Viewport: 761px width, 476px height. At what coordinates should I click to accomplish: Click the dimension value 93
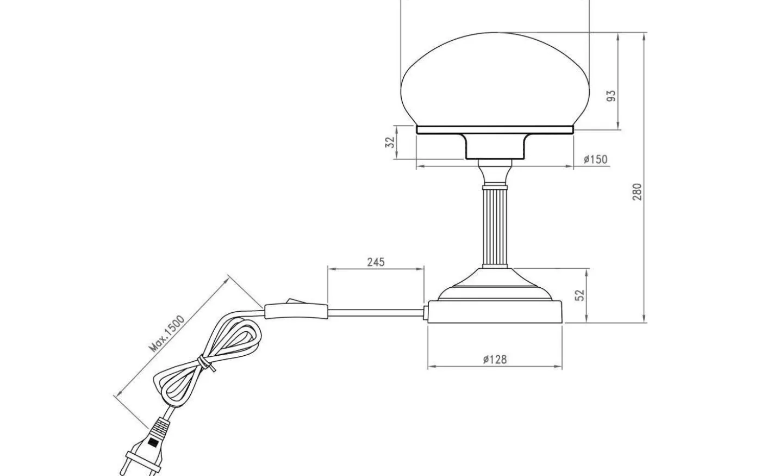(612, 96)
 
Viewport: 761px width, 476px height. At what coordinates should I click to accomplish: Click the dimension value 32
(389, 143)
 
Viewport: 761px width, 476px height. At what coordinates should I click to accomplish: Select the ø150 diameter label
(595, 159)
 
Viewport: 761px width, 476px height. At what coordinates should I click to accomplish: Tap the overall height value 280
(637, 191)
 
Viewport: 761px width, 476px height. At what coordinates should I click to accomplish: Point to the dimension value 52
(580, 295)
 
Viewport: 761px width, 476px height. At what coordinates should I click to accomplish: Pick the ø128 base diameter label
(495, 359)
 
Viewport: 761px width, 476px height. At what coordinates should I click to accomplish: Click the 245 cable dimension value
(375, 262)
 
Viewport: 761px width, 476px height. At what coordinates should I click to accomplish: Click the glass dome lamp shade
(495, 82)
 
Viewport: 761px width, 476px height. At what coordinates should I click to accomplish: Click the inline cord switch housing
(296, 312)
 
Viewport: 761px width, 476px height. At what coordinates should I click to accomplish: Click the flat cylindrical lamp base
(495, 312)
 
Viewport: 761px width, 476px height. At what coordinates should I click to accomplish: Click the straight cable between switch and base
(375, 312)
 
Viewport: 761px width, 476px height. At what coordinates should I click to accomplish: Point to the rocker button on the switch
(294, 300)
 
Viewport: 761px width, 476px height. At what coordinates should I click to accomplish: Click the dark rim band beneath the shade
(495, 131)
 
